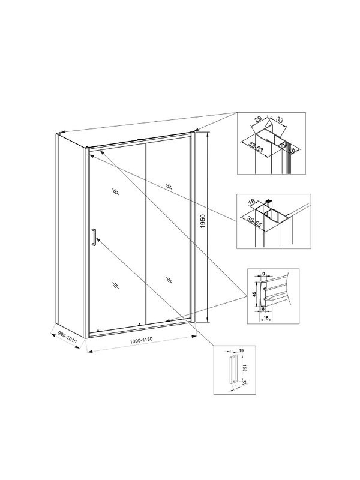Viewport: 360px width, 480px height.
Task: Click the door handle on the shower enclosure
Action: [x=94, y=237]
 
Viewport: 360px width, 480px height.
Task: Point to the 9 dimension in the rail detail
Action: [x=263, y=275]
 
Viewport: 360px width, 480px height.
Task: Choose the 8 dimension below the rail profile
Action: [x=263, y=310]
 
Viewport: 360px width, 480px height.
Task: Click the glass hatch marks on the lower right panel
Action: [x=169, y=279]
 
